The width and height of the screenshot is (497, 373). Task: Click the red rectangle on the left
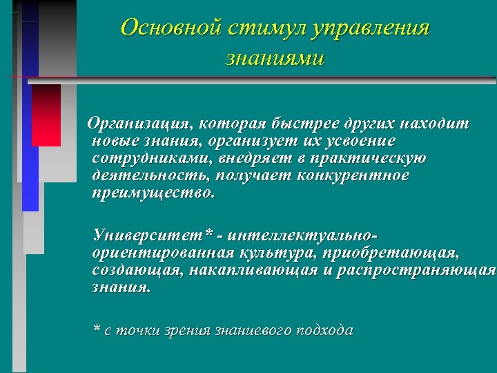[46, 115]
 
